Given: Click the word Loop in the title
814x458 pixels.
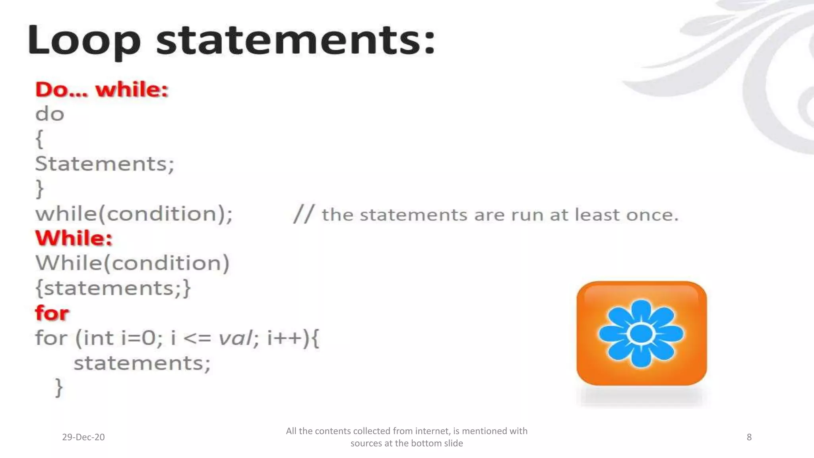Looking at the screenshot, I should coord(84,41).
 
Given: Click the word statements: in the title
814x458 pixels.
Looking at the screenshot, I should coord(296,41).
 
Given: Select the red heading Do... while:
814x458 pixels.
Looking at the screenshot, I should coord(102,89).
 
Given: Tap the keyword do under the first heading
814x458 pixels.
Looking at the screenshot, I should coord(50,114).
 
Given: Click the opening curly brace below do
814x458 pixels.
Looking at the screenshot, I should coord(39,139).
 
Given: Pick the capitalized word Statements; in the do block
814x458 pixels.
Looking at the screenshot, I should coord(105,164).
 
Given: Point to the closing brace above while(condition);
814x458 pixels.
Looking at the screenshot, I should coord(39,188).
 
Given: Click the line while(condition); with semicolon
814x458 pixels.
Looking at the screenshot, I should coord(134,214).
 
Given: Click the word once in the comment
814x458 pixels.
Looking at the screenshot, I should coord(652,215).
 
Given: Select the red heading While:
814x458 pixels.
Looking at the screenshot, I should coord(74,239).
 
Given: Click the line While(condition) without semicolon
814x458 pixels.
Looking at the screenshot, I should coord(132,263).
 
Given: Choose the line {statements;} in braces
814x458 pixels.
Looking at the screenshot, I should coord(113,288).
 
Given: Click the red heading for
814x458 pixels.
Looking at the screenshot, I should coord(52,313).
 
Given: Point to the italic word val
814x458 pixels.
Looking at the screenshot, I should coord(235,338).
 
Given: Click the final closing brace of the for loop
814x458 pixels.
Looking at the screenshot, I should coord(59,387).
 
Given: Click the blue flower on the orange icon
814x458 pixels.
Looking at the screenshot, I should coord(641,333).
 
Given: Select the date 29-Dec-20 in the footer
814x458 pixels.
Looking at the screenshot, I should coord(83,437).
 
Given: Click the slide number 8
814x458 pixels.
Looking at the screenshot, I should coord(749,437).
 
